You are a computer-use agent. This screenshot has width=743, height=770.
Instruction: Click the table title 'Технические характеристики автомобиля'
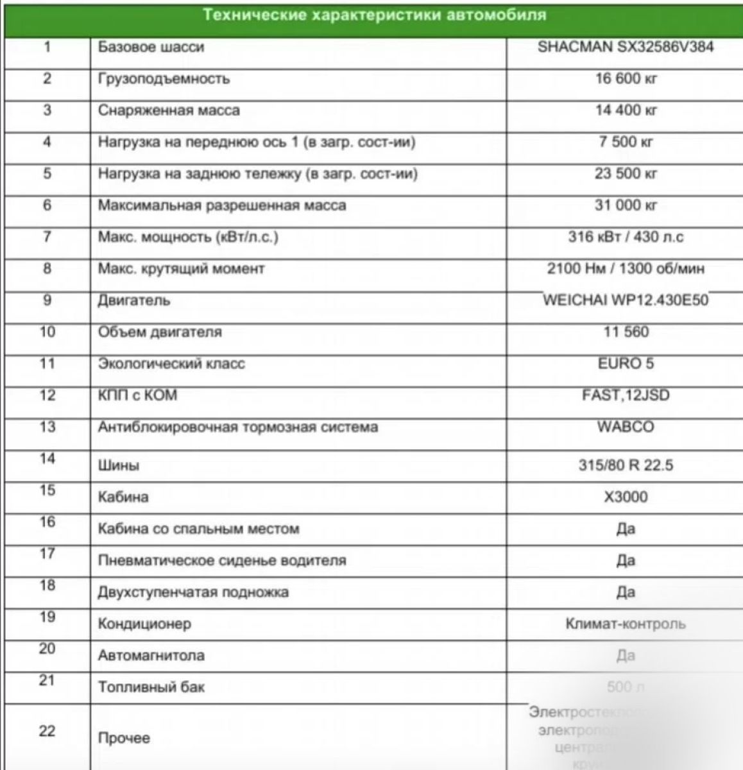point(375,15)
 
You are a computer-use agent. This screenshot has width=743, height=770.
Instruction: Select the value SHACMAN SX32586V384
point(625,47)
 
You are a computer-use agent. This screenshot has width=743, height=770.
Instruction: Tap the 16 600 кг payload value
point(625,79)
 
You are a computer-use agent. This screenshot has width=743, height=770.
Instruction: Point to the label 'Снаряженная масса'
point(169,110)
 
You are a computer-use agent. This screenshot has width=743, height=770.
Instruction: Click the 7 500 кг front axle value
point(625,142)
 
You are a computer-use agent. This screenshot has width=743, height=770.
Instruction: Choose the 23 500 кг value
point(625,174)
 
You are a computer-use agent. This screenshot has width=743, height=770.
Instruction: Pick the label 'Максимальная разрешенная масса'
point(222,205)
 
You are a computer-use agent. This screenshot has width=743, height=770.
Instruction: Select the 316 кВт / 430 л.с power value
point(625,237)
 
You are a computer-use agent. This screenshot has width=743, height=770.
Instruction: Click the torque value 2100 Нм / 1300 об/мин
point(625,269)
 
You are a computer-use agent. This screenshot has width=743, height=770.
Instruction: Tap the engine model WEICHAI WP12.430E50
point(625,300)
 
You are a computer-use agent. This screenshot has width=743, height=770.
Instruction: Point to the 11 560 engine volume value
point(625,332)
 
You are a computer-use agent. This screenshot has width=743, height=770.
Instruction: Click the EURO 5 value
point(625,364)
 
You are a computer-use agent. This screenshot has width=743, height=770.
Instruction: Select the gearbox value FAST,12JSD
point(625,395)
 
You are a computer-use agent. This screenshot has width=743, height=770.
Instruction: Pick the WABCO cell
point(625,427)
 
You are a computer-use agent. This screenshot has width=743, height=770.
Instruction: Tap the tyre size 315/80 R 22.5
point(625,465)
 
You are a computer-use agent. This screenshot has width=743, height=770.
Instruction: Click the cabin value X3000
point(625,497)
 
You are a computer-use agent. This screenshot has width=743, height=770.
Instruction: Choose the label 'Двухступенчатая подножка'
point(193,592)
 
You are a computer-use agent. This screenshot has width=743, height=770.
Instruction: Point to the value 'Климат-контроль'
point(625,624)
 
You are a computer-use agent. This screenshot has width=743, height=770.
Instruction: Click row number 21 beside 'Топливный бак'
point(47,681)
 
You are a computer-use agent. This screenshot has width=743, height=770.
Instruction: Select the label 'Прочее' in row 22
point(124,738)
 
